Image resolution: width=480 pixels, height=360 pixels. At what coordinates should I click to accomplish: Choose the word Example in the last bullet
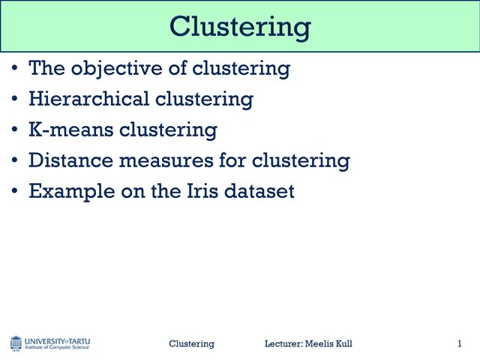[64, 190]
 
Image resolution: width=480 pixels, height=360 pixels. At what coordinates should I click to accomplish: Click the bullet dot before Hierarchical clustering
[16, 100]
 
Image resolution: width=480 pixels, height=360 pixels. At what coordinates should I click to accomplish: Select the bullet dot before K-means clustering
[16, 130]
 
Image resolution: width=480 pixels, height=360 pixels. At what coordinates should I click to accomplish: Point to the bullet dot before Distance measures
[16, 160]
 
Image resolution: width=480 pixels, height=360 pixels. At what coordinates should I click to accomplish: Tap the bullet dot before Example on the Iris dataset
[16, 191]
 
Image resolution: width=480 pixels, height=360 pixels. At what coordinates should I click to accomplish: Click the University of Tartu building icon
[16, 343]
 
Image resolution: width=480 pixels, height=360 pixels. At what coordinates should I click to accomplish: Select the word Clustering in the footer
[191, 343]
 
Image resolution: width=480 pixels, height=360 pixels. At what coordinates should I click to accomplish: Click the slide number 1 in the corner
[459, 343]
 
